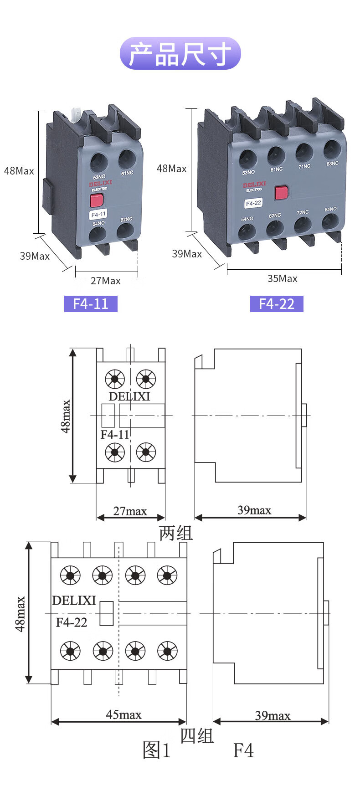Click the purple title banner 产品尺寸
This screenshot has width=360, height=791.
coord(180,54)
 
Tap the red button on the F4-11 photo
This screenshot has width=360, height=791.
coord(97,200)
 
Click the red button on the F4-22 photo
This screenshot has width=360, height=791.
coord(281,192)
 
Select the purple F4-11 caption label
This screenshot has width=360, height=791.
coord(91,304)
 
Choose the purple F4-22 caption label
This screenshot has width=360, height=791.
coord(277,304)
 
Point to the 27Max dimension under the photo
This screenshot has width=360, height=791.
coord(106,281)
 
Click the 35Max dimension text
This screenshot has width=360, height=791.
coord(283,278)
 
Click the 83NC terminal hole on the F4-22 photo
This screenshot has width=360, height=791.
coord(332,149)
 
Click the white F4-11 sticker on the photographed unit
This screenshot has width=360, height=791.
coord(98,214)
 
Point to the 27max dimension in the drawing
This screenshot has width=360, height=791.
coord(130,511)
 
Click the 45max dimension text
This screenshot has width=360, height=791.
coord(123,714)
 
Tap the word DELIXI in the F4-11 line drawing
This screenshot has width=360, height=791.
coord(129,396)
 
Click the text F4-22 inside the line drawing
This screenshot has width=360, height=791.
coord(72,622)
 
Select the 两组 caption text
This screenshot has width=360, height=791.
coord(176,533)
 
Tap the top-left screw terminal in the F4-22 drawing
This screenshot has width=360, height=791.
coord(70,576)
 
